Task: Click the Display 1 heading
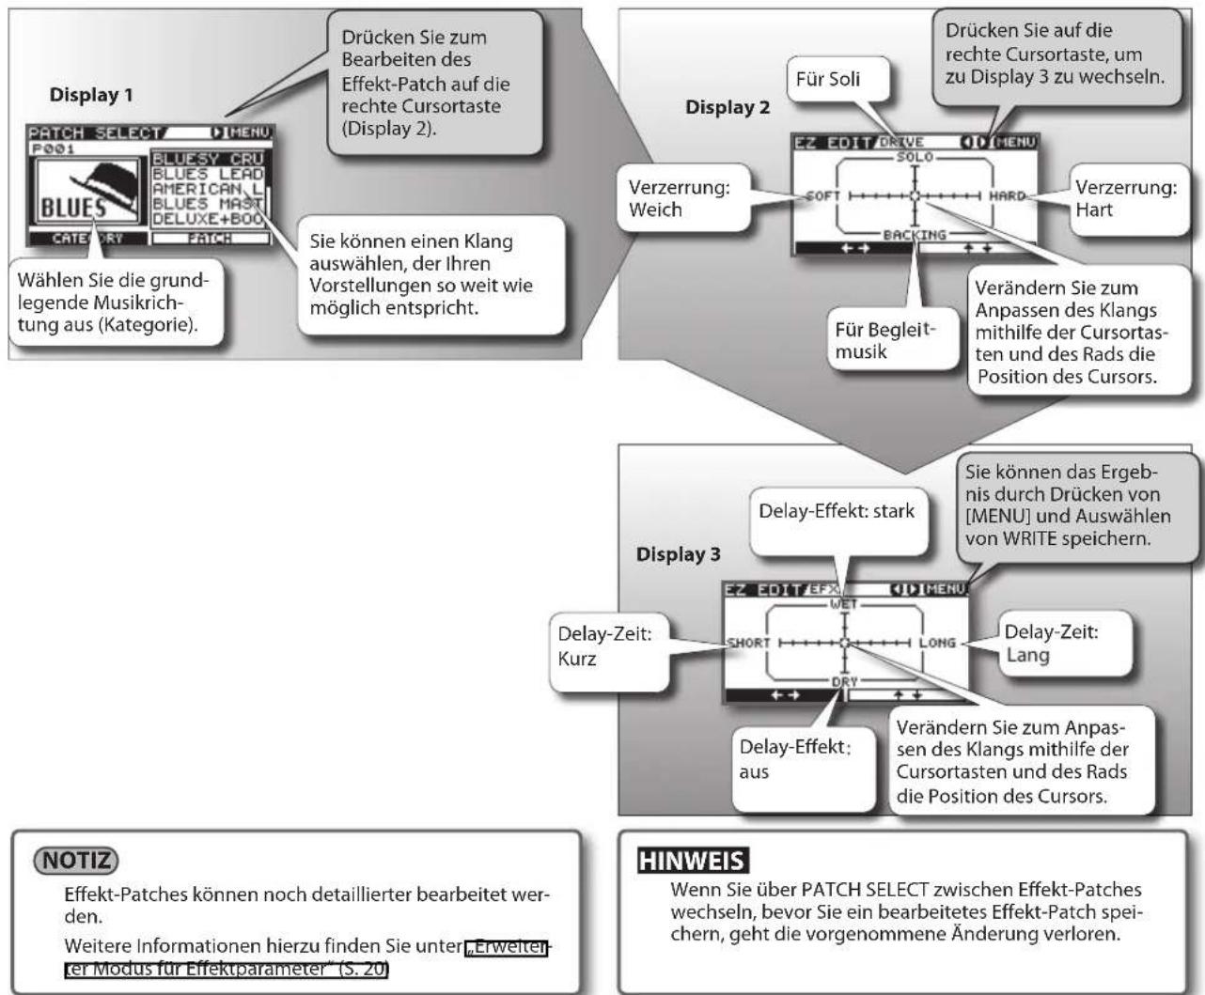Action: [91, 95]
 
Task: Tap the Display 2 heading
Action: [728, 107]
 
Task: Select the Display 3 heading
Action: [678, 554]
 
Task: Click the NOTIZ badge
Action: [76, 860]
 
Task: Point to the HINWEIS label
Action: [693, 861]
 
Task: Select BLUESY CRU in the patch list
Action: [208, 159]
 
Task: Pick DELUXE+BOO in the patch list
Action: [208, 219]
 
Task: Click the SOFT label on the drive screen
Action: [823, 196]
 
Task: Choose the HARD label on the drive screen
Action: [1007, 196]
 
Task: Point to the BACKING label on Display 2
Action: [915, 235]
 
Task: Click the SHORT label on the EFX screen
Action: [748, 643]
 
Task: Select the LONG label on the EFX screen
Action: [937, 643]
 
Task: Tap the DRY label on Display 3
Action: [844, 681]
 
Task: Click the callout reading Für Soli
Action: [838, 79]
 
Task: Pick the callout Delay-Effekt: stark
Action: [838, 521]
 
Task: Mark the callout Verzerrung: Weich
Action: [684, 198]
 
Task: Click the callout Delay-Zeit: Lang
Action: [1065, 644]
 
